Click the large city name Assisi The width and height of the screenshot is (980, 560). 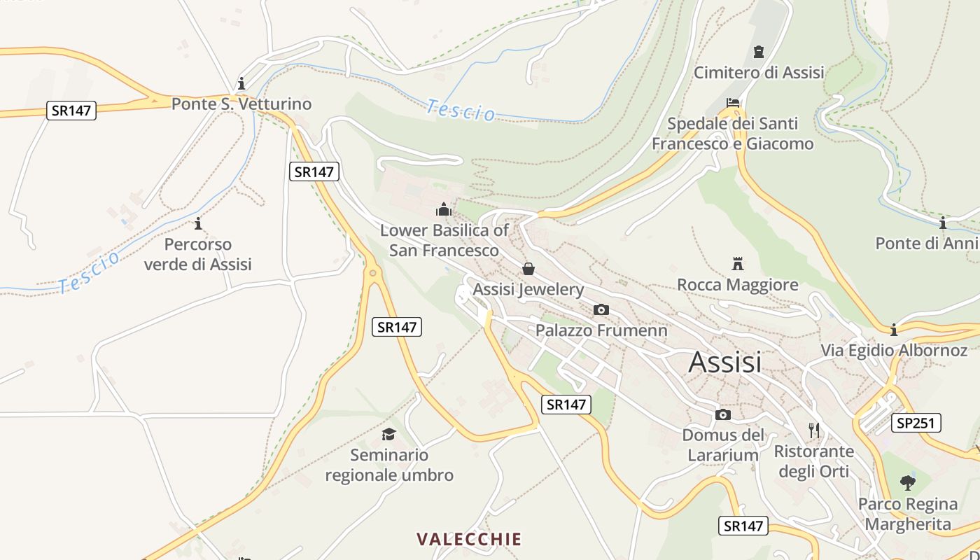(724, 362)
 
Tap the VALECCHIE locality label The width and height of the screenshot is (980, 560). (469, 539)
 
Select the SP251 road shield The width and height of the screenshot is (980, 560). (916, 423)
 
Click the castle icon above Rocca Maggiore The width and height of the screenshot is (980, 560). (737, 264)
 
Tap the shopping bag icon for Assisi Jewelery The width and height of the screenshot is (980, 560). (528, 269)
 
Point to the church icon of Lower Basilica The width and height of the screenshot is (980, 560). (443, 209)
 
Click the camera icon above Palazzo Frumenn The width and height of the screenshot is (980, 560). (601, 309)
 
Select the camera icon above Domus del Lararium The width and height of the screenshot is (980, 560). (723, 414)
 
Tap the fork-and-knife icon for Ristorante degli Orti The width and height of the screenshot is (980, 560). (814, 430)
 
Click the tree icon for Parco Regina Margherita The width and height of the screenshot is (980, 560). (908, 482)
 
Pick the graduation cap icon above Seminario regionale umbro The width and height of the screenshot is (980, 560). (389, 435)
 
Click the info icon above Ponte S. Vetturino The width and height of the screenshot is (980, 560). (241, 83)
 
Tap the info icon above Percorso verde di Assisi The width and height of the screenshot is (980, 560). (198, 223)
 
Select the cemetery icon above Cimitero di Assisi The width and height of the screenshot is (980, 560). (759, 52)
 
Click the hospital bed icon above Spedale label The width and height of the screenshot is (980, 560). (733, 103)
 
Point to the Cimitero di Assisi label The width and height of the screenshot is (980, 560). (759, 72)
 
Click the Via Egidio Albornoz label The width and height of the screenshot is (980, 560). (894, 350)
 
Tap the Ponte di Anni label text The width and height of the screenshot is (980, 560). (927, 244)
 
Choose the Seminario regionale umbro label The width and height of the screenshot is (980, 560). (389, 465)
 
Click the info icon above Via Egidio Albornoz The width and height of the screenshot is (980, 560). (894, 330)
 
